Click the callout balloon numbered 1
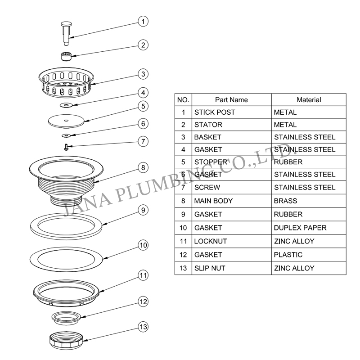pyautogui.click(x=143, y=21)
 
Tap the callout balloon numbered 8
pyautogui.click(x=143, y=167)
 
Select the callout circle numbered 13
pyautogui.click(x=143, y=327)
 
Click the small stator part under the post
pyautogui.click(x=66, y=57)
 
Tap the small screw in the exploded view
pyautogui.click(x=66, y=147)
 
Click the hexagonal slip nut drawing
pyautogui.click(x=66, y=341)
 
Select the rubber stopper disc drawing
pyautogui.click(x=66, y=121)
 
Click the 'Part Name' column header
pyautogui.click(x=231, y=100)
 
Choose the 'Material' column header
pyautogui.click(x=309, y=100)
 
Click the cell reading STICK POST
pyautogui.click(x=231, y=112)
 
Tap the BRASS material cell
pyautogui.click(x=309, y=201)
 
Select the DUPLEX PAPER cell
pyautogui.click(x=309, y=228)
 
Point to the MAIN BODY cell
pyautogui.click(x=231, y=201)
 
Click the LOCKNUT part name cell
pyautogui.click(x=231, y=241)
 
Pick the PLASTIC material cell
pyautogui.click(x=309, y=255)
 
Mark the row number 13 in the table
pyautogui.click(x=183, y=268)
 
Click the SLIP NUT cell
pyautogui.click(x=231, y=268)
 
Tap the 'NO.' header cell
pyautogui.click(x=183, y=100)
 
